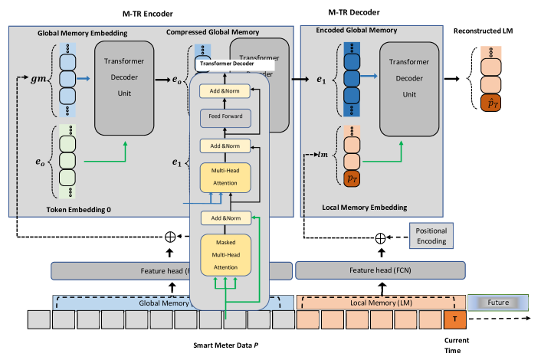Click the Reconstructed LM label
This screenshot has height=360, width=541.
(483, 31)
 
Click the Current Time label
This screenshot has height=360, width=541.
(457, 344)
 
